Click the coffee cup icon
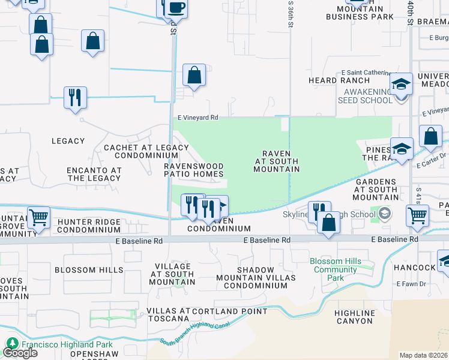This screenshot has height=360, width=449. tap(176, 8)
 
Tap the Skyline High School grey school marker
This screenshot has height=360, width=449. tap(384, 214)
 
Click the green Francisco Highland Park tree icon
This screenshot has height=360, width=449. tap(12, 344)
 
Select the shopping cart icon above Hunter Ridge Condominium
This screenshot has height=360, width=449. tap(39, 217)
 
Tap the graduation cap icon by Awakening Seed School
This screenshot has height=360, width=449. tap(401, 85)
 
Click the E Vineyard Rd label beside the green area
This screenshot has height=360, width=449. tap(197, 118)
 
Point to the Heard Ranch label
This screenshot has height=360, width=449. tap(331, 80)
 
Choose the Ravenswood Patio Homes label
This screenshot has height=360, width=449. tap(194, 170)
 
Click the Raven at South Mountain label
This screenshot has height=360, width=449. tap(277, 161)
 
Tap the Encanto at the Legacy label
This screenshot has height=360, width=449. tap(94, 174)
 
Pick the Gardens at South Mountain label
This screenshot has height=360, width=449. tap(376, 190)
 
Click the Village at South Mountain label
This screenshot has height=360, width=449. tap(172, 274)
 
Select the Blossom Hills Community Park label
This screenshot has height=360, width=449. tap(336, 269)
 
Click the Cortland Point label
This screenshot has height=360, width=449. tap(231, 311)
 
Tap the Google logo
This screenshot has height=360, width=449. tap(20, 353)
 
